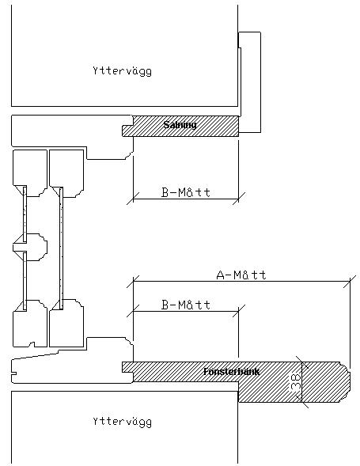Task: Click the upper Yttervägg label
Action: pos(122,71)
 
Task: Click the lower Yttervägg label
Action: pos(122,422)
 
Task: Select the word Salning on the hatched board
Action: pos(180,125)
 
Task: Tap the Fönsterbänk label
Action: pos(232,372)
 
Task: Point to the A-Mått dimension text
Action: pos(241,275)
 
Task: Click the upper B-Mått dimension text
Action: pos(186,192)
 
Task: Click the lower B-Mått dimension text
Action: pos(186,305)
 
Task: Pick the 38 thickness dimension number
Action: pos(296,381)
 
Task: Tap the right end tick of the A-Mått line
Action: pos(350,281)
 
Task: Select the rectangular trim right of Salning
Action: pos(250,82)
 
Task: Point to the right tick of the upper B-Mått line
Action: pos(239,199)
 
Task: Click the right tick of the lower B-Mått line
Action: pos(239,311)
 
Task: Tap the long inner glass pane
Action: pos(61,248)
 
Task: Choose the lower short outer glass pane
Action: pos(25,281)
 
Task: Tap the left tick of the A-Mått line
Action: pos(133,281)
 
